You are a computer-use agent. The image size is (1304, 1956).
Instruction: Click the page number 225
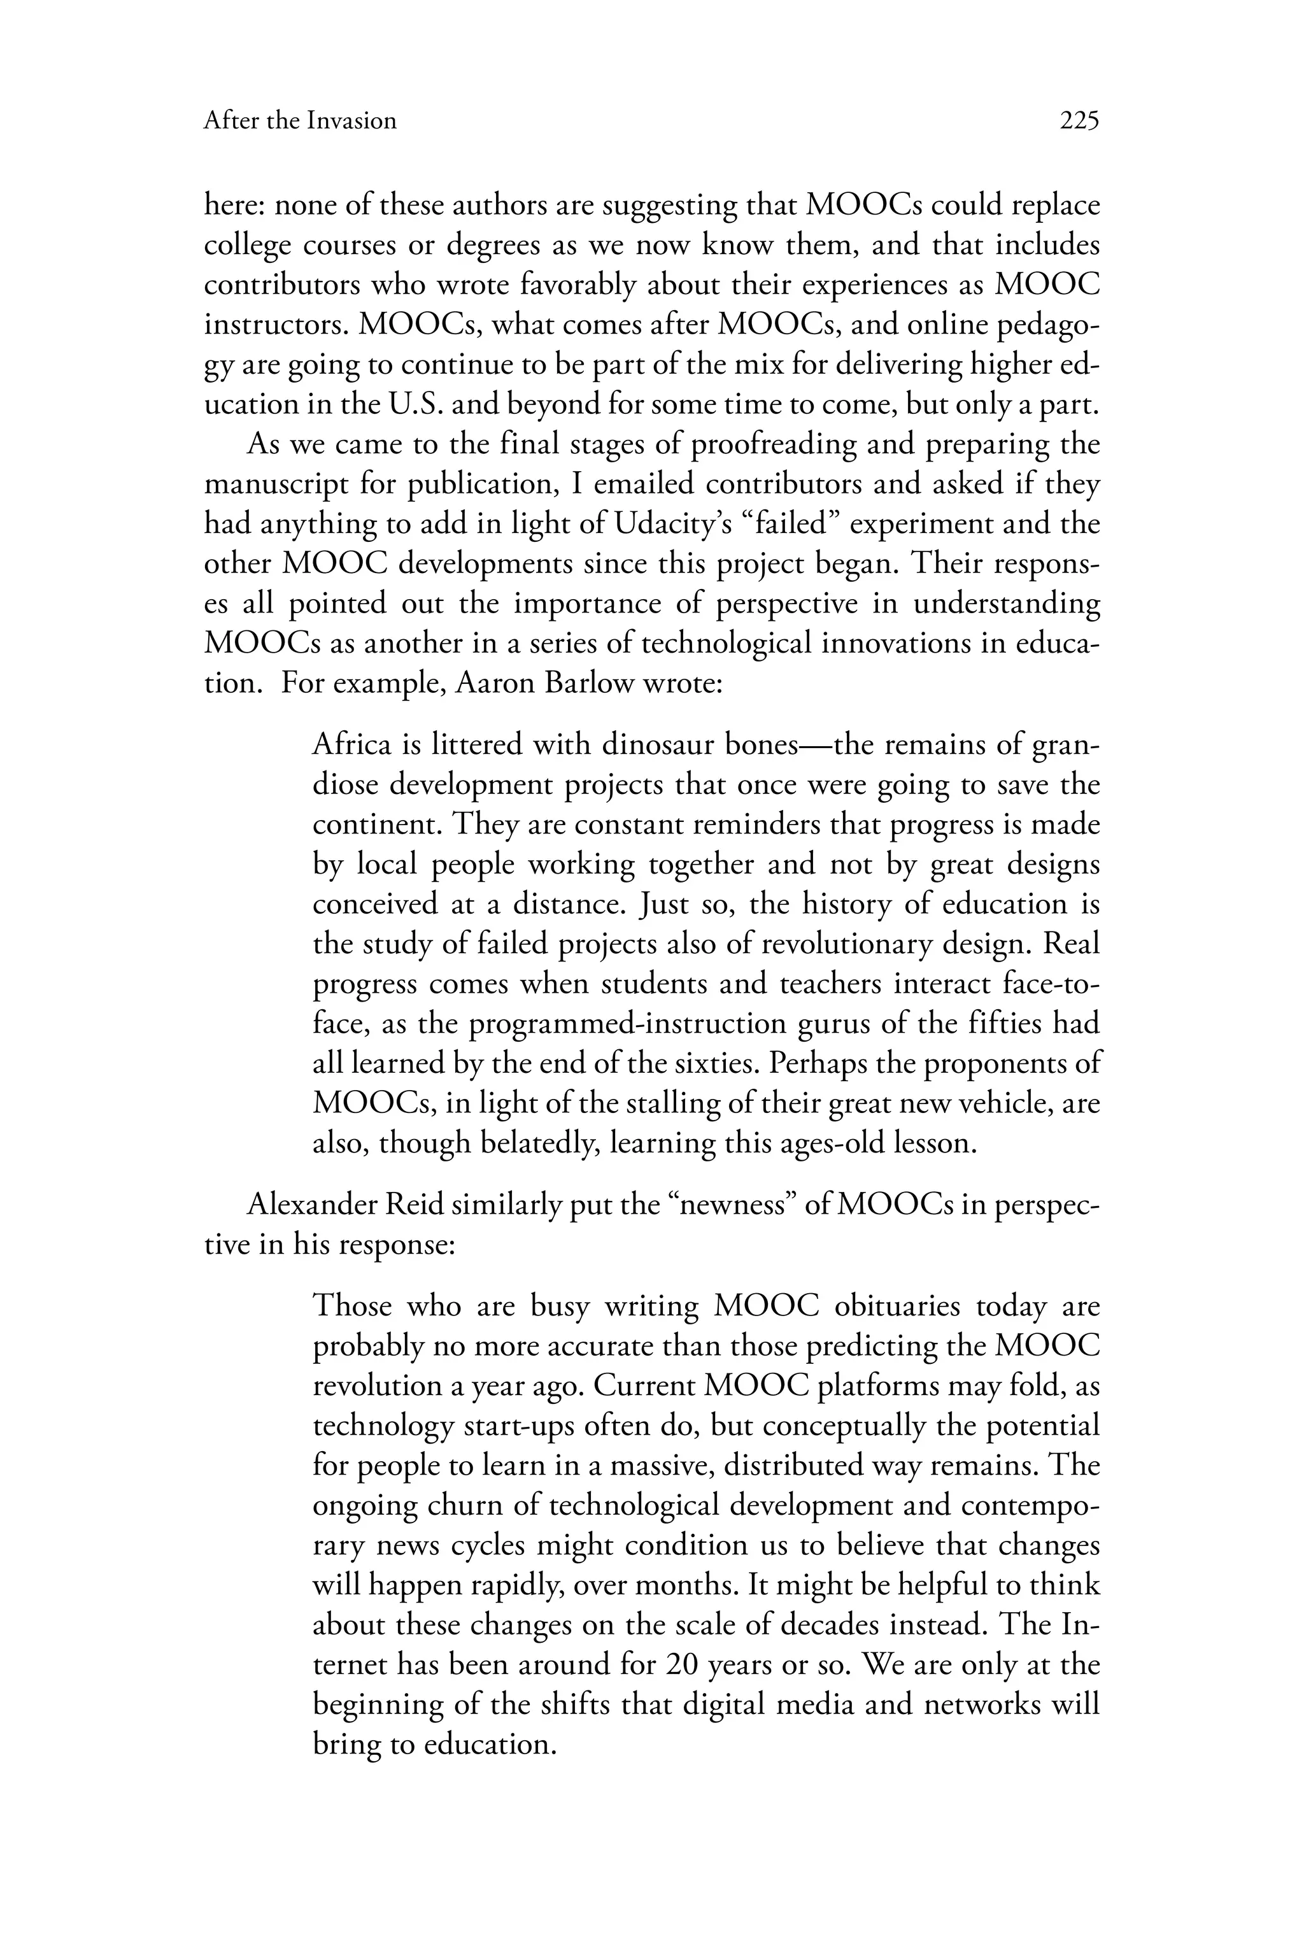click(x=1079, y=122)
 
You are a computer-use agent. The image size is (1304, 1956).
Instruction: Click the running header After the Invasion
click(x=299, y=122)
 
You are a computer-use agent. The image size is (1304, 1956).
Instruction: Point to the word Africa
click(x=351, y=744)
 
